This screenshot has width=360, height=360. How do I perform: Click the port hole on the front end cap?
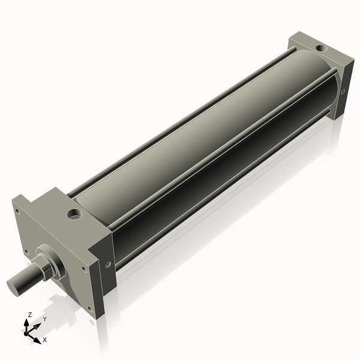pyautogui.click(x=75, y=213)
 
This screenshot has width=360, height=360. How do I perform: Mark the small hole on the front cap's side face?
pyautogui.click(x=108, y=264)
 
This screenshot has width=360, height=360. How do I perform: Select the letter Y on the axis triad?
pyautogui.click(x=44, y=319)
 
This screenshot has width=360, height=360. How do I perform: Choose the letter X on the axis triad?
pyautogui.click(x=45, y=340)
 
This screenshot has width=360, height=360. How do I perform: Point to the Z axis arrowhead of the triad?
pyautogui.click(x=28, y=322)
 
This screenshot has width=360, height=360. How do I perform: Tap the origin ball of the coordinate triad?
pyautogui.click(x=27, y=332)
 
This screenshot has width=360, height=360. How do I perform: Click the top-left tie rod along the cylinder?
pyautogui.click(x=180, y=126)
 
